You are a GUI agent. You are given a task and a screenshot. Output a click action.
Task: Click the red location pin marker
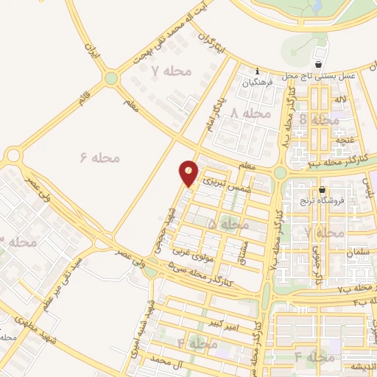(188, 172)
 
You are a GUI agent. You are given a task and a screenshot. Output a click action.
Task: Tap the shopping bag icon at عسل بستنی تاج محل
(319, 52)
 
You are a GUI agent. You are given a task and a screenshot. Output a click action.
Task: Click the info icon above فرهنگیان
(256, 71)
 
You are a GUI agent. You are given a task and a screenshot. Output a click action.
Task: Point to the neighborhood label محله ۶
(99, 157)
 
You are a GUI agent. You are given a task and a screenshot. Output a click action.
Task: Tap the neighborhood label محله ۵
(228, 222)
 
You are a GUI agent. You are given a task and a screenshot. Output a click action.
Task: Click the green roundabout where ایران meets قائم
(110, 77)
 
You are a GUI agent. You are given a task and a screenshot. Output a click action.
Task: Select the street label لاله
(339, 99)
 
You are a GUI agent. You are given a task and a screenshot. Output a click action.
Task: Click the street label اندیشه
(361, 367)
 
